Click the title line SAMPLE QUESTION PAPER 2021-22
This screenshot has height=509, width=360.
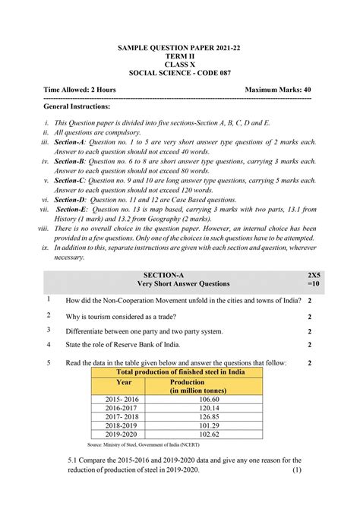(x=179, y=48)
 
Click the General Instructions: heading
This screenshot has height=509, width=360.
(x=78, y=107)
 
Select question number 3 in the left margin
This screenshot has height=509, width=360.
(x=48, y=330)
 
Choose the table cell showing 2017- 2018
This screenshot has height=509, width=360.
(x=123, y=416)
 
